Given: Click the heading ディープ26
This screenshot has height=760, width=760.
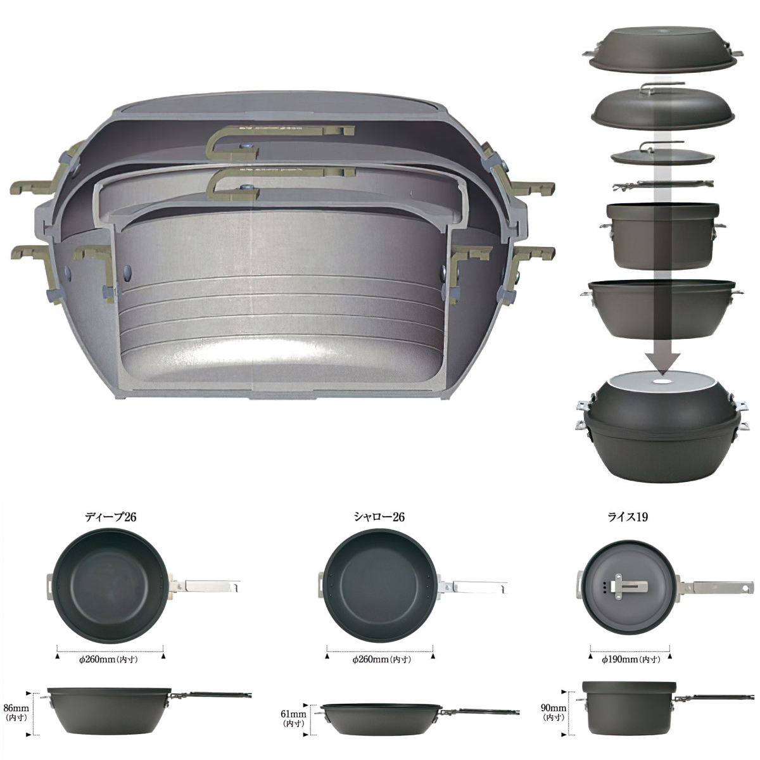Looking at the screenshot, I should (110, 517).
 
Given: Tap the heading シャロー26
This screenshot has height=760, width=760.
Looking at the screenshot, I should (379, 517).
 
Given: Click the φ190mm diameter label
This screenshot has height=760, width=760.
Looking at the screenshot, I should (631, 659).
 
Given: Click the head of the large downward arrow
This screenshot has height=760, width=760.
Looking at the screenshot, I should (662, 364).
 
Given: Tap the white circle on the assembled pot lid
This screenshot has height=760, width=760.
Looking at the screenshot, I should (662, 383).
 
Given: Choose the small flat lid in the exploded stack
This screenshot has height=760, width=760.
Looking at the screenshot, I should (662, 157).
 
